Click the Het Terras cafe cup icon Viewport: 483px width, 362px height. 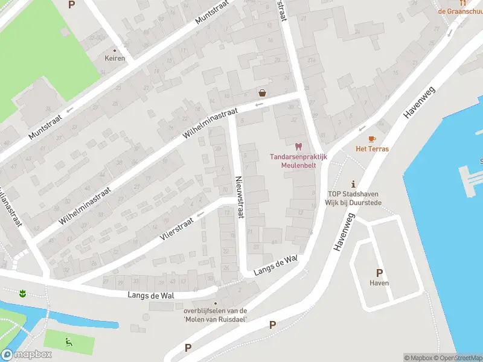[371, 139]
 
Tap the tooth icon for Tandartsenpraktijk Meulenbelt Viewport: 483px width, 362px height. [298, 146]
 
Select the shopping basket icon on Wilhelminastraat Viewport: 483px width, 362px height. [263, 93]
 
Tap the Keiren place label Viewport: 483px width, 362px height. [115, 59]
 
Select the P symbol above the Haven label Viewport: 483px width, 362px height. [379, 273]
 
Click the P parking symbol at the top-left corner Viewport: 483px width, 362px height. [72, 5]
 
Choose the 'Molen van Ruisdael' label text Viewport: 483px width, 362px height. [216, 319]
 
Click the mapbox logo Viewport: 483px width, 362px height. [27, 355]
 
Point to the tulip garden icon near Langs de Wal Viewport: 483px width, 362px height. [23, 294]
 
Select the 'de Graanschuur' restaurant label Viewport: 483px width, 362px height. [460, 11]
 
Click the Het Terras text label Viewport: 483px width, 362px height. [372, 149]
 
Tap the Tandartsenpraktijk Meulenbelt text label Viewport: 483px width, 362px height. [298, 160]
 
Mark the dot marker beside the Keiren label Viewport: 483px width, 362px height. [115, 51]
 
